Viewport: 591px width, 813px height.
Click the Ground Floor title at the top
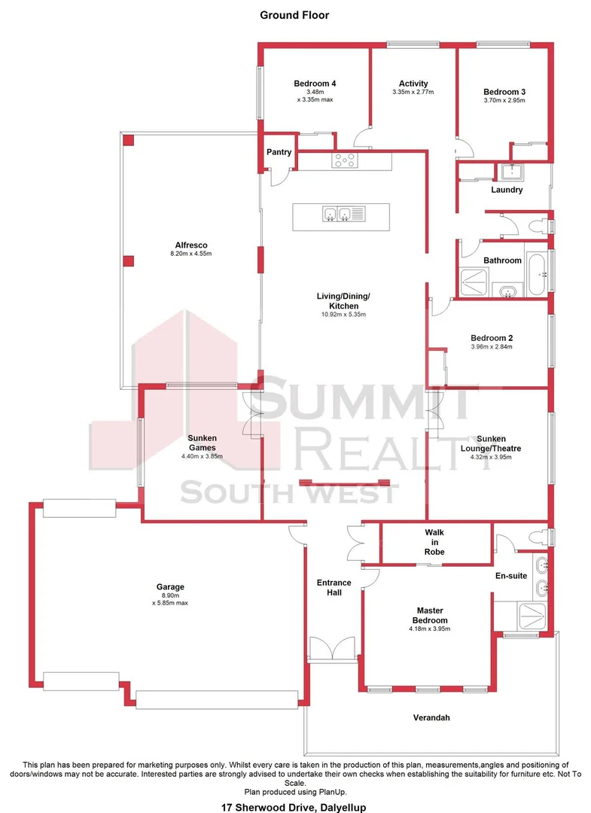tap(294, 14)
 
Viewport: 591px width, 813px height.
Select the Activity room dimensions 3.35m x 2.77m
tap(413, 93)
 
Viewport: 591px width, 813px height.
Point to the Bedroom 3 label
tap(504, 92)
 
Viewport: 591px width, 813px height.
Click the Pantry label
tap(279, 152)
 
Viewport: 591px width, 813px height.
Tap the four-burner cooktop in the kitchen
tap(345, 160)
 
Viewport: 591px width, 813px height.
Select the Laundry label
tap(506, 190)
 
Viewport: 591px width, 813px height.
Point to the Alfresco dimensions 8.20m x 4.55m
tap(191, 254)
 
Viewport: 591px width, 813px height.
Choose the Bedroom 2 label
tap(491, 338)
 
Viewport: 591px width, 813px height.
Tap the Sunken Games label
tap(203, 443)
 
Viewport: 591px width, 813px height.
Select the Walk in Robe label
tap(434, 541)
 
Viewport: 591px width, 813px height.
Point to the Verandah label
tap(431, 717)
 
